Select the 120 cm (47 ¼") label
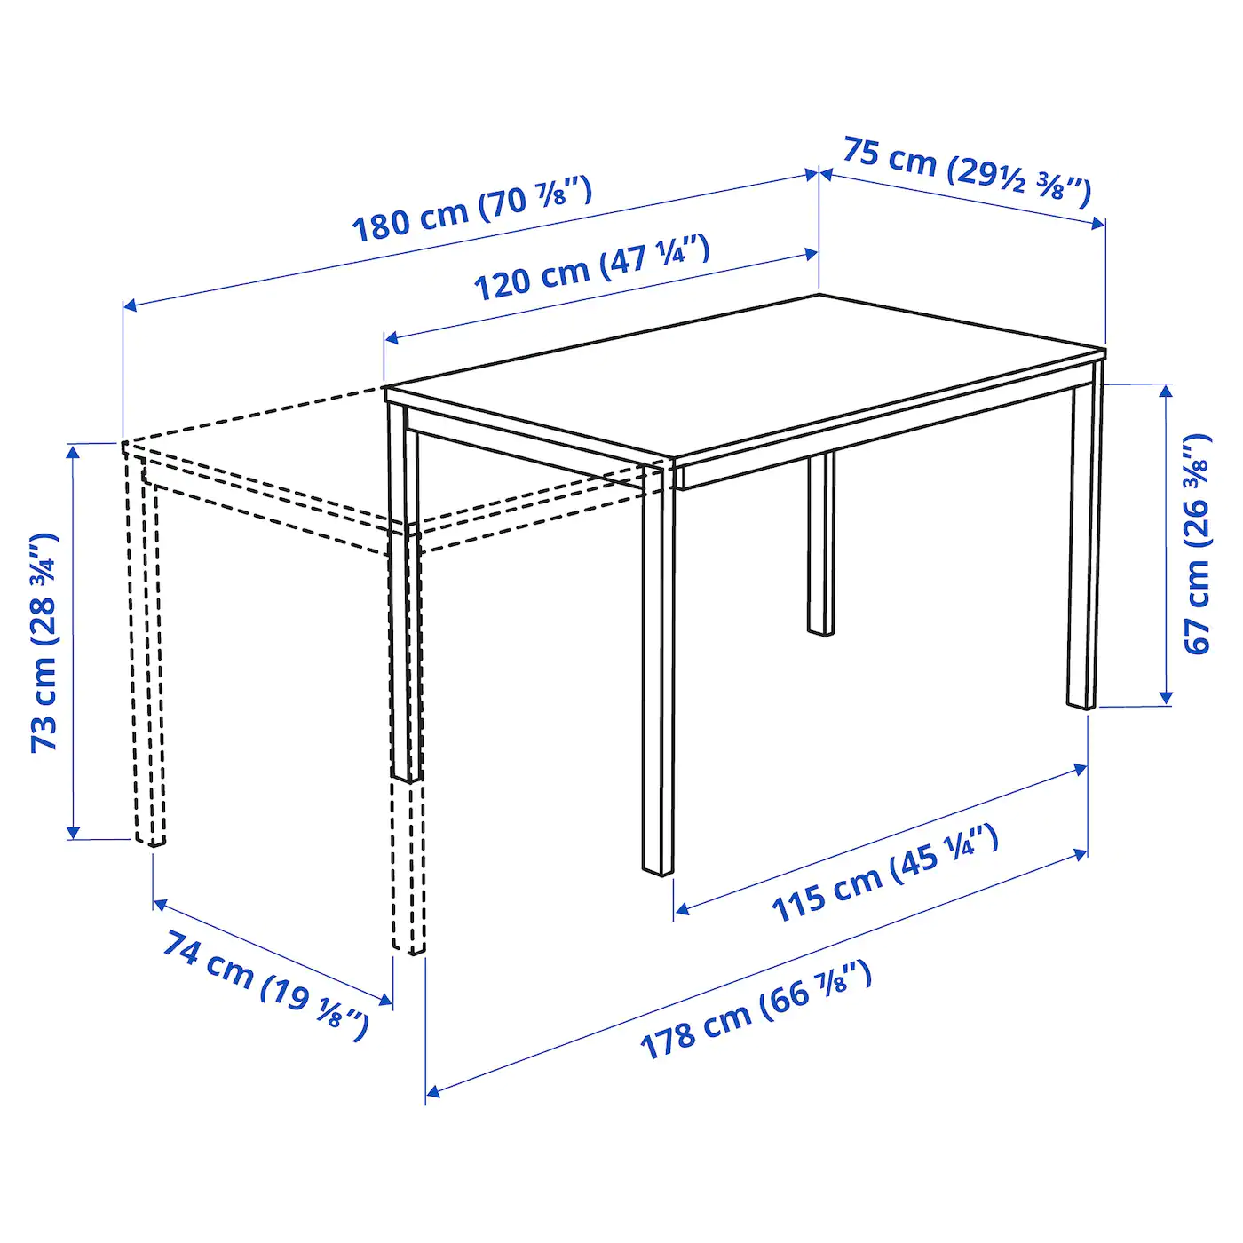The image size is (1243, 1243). click(591, 266)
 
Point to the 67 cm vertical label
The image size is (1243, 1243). click(1197, 543)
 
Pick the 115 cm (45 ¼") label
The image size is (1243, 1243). click(884, 874)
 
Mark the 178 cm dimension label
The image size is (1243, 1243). click(756, 1009)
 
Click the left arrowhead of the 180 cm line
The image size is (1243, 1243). click(129, 306)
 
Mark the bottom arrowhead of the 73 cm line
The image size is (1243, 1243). click(74, 832)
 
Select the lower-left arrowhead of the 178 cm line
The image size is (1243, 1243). click(432, 1090)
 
